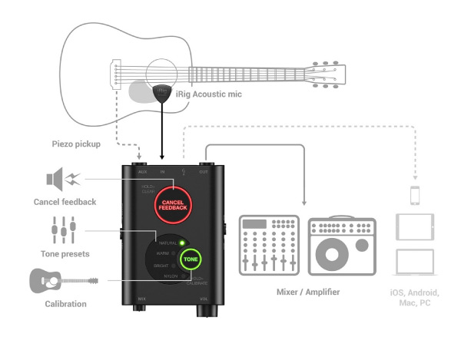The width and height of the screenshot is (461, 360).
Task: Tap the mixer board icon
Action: (x=267, y=245)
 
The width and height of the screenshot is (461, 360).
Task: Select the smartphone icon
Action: (x=414, y=196)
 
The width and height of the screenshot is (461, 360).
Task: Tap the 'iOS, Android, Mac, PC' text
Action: (x=415, y=299)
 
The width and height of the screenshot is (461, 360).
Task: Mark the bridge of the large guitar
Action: (x=116, y=72)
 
